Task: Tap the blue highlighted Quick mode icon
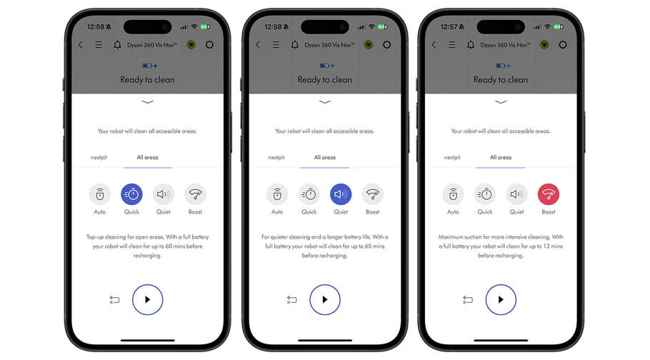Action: (x=131, y=194)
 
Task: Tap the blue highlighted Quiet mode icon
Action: (x=341, y=194)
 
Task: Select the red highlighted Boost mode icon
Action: (x=549, y=194)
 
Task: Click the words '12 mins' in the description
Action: (x=550, y=245)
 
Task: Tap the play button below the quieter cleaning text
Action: (x=325, y=299)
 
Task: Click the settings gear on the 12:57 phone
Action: (x=563, y=44)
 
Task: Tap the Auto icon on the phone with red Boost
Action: (x=453, y=194)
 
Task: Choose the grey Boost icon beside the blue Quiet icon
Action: (x=373, y=194)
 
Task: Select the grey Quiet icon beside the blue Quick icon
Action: (x=164, y=194)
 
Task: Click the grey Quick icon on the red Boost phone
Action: (x=485, y=194)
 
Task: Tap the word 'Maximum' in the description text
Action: (x=452, y=236)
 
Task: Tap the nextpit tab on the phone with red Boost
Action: (x=452, y=157)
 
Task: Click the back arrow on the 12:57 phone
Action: (x=433, y=44)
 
